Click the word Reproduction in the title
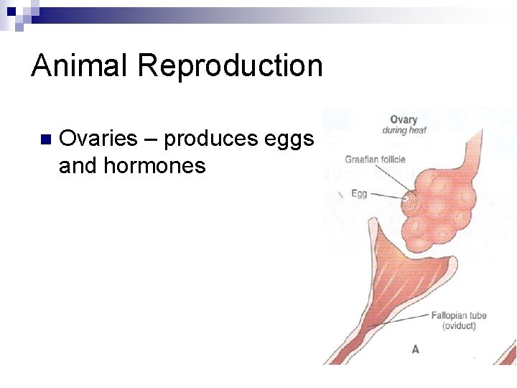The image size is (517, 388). point(230,65)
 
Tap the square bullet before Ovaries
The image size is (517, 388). point(45,139)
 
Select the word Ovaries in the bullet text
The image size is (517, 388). point(98,138)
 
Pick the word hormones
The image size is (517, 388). point(154,166)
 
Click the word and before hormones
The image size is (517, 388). point(78,166)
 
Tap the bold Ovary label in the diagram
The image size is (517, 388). point(404,120)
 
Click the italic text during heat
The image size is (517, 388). point(404,131)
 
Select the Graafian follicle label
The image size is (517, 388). point(374,160)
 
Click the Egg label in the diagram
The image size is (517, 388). point(359,193)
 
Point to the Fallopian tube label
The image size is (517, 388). point(458,315)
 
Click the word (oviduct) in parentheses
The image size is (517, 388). point(458,326)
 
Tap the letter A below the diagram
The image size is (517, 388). point(415,349)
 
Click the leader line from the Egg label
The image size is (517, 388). point(388,195)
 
